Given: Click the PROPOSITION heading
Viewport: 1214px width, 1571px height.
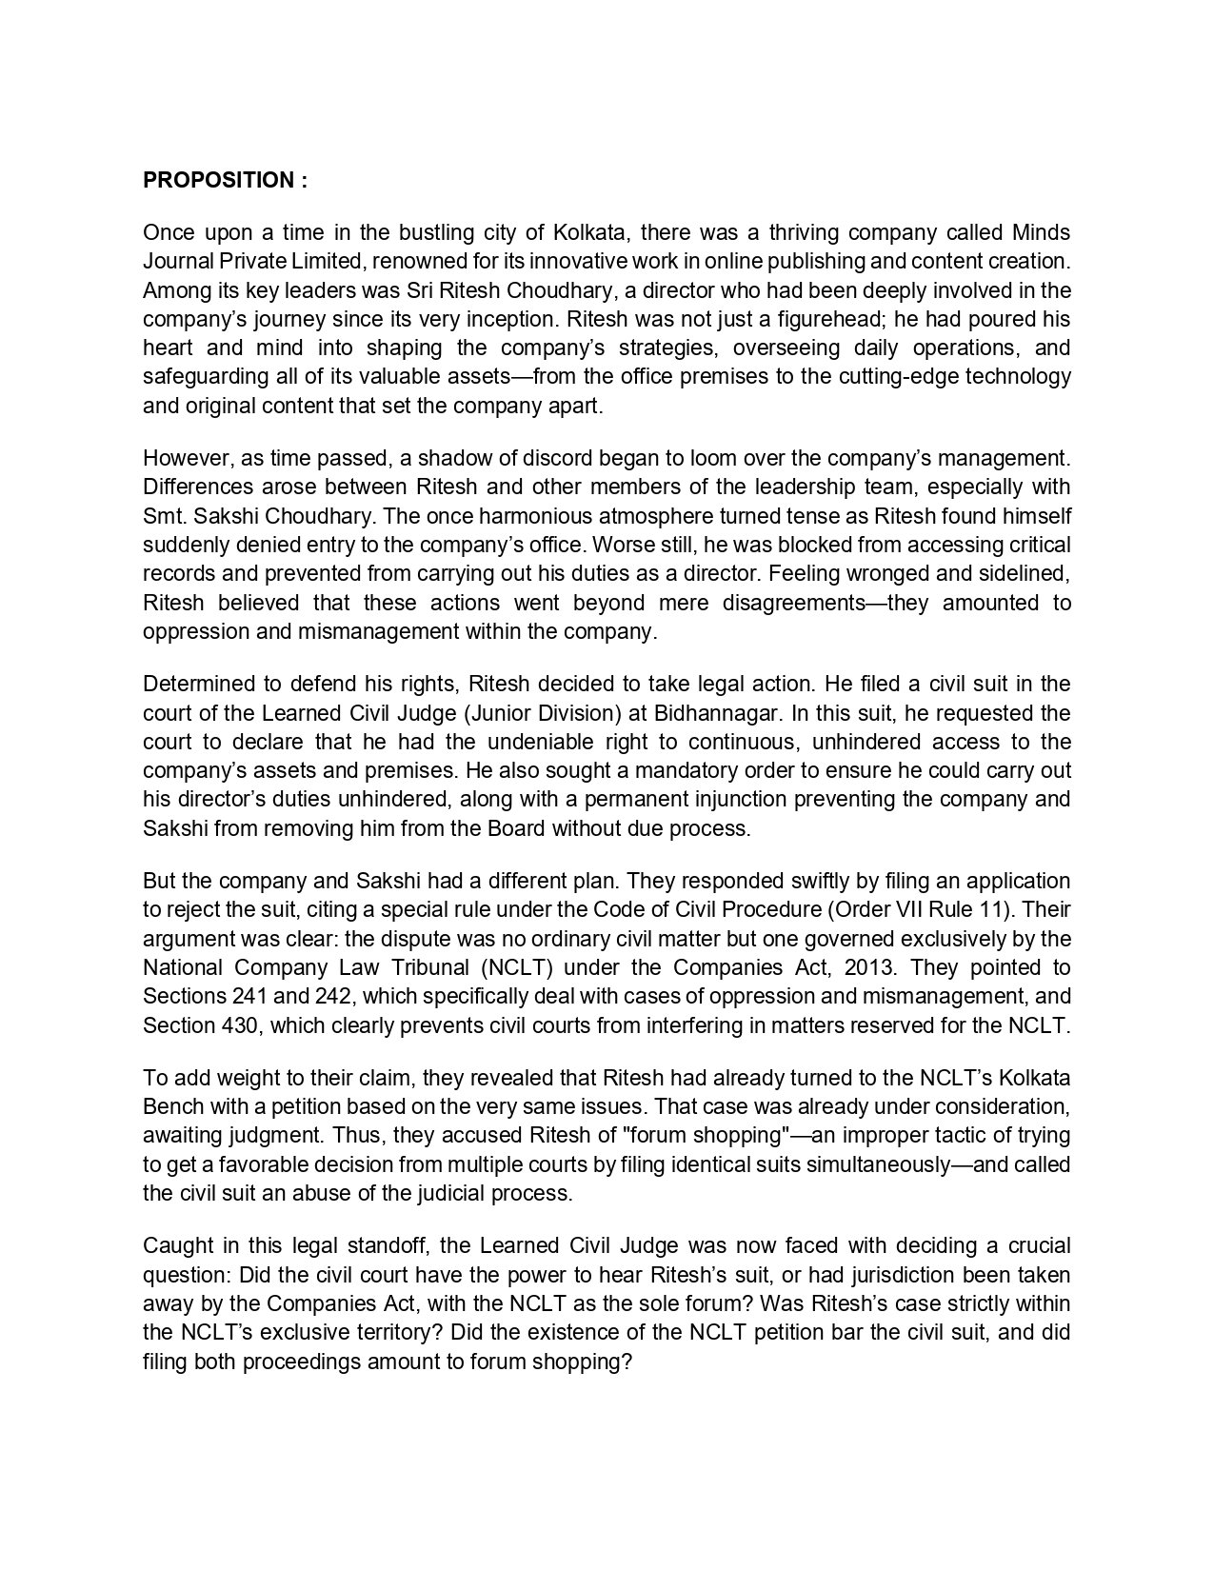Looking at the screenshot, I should coord(225,180).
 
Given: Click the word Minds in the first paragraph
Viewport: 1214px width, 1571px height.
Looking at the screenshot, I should coord(1041,232).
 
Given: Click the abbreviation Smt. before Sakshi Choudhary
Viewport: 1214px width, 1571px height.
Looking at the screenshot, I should coord(162,516).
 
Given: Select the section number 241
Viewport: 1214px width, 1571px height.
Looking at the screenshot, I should coord(249,996).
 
